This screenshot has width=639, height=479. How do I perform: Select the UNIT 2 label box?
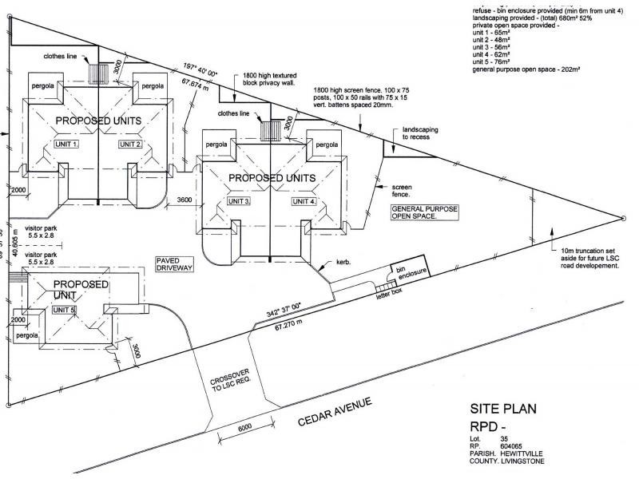130,144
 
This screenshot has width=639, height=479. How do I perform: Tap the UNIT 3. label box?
238,202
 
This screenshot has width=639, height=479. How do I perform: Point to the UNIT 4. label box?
304,202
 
